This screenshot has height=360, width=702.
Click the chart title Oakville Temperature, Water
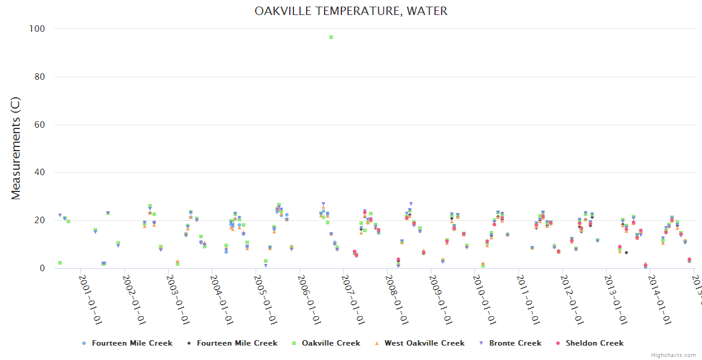click(x=350, y=11)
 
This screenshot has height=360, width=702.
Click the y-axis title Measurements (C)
click(x=16, y=149)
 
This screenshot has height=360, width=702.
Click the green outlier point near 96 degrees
click(x=331, y=37)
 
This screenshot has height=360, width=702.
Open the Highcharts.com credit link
click(x=673, y=355)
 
